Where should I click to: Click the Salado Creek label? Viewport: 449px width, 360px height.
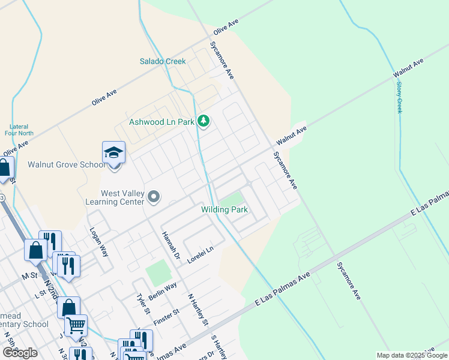pyautogui.click(x=163, y=61)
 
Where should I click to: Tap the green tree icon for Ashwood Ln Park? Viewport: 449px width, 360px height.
pyautogui.click(x=204, y=122)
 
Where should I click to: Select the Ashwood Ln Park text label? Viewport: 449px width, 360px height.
pyautogui.click(x=161, y=122)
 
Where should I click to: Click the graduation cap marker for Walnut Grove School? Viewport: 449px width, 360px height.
pyautogui.click(x=113, y=154)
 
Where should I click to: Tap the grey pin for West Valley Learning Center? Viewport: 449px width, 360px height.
pyautogui.click(x=154, y=197)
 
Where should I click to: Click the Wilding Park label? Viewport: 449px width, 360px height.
pyautogui.click(x=224, y=209)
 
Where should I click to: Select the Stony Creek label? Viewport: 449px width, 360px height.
pyautogui.click(x=399, y=96)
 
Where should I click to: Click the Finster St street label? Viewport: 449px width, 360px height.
pyautogui.click(x=167, y=318)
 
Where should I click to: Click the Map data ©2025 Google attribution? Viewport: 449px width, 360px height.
pyautogui.click(x=411, y=355)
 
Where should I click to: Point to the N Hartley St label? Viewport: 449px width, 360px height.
pyautogui.click(x=197, y=309)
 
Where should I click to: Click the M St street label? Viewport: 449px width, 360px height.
pyautogui.click(x=28, y=275)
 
